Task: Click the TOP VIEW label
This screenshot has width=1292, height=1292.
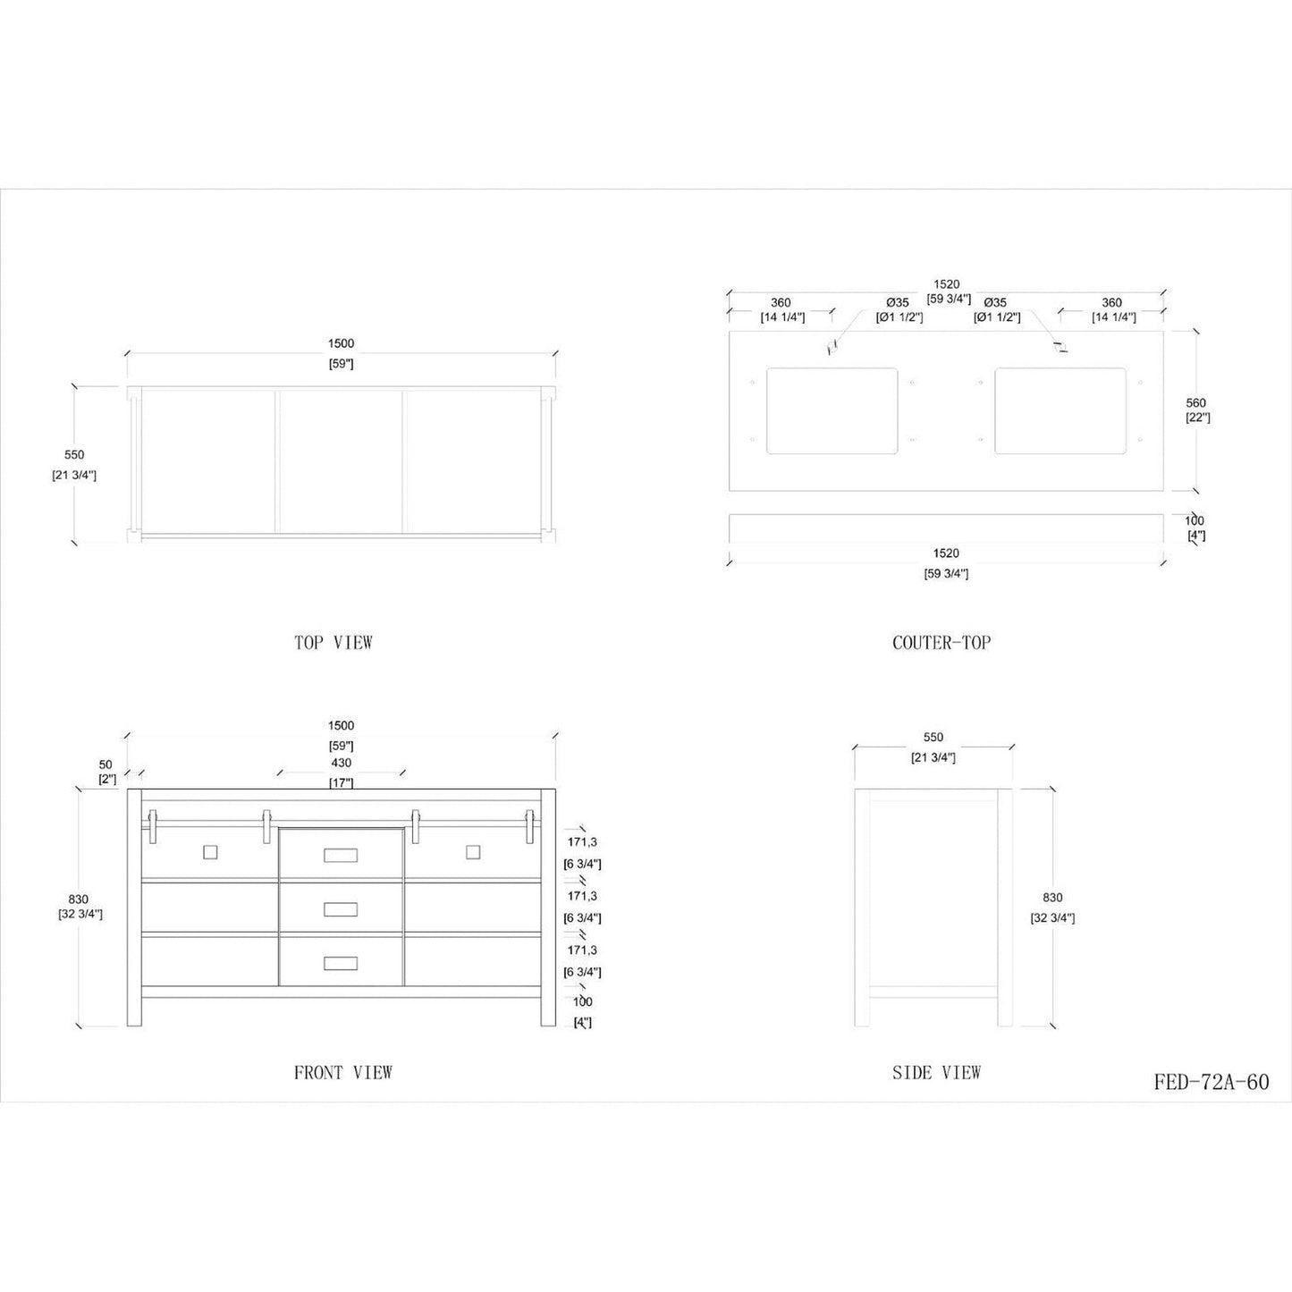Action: pyautogui.click(x=333, y=642)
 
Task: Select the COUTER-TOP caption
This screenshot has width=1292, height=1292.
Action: pyautogui.click(x=941, y=642)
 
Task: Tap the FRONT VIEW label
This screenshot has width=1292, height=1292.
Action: pyautogui.click(x=342, y=1072)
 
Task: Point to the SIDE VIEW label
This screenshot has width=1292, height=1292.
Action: pyautogui.click(x=936, y=1072)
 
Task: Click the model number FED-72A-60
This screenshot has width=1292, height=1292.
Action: pyautogui.click(x=1211, y=1082)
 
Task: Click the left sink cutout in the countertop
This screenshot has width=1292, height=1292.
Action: pyautogui.click(x=832, y=410)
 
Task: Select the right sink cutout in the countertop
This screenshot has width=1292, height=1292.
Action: pyautogui.click(x=1060, y=410)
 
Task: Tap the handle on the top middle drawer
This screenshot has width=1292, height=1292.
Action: pyautogui.click(x=341, y=856)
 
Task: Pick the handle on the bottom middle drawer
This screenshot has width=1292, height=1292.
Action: pyautogui.click(x=341, y=962)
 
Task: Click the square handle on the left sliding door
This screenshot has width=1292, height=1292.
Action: pyautogui.click(x=210, y=852)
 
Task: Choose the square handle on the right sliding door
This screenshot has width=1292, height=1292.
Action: pyautogui.click(x=473, y=852)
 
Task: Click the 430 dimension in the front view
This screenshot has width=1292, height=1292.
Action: pyautogui.click(x=341, y=764)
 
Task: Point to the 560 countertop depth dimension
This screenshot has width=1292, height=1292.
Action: pyautogui.click(x=1196, y=403)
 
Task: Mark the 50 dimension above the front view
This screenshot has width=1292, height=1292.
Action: pyautogui.click(x=106, y=764)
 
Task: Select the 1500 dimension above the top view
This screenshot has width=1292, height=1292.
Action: pyautogui.click(x=341, y=343)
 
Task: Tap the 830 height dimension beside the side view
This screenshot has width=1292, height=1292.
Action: pyautogui.click(x=1051, y=898)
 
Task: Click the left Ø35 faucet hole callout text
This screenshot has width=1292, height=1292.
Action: pyautogui.click(x=897, y=303)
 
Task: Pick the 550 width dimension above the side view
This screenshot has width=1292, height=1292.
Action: pyautogui.click(x=933, y=738)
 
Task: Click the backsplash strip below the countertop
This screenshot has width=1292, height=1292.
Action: pyautogui.click(x=946, y=528)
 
